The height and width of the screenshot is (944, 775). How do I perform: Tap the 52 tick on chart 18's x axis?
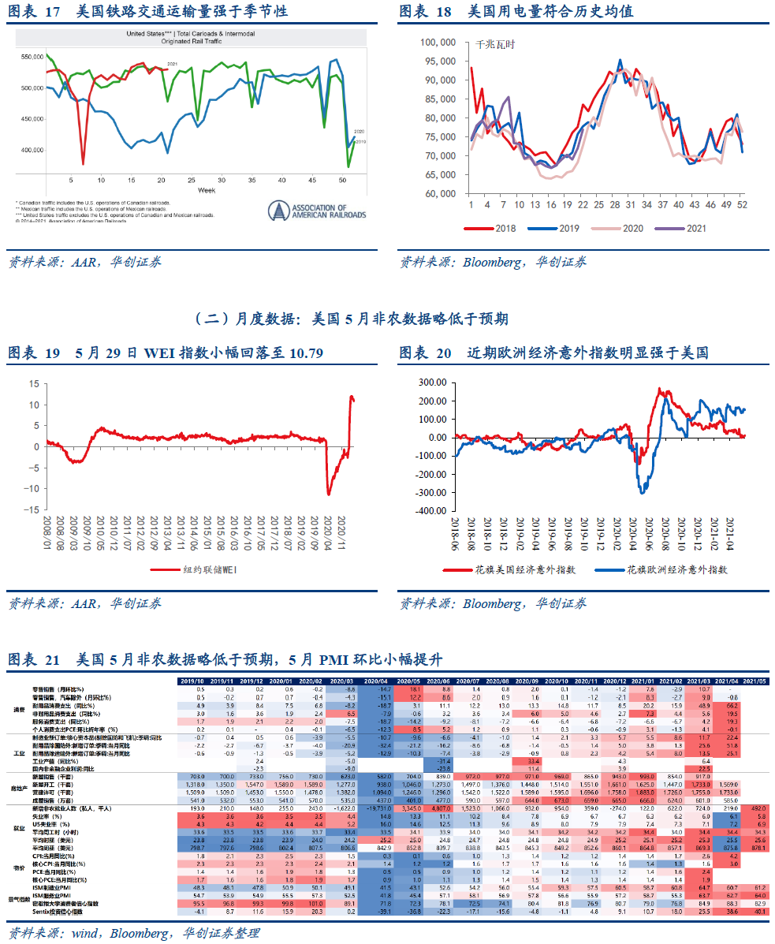(x=742, y=205)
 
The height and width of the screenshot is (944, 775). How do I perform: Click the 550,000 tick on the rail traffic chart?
(x=33, y=58)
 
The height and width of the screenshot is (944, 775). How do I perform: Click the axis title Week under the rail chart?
(x=207, y=192)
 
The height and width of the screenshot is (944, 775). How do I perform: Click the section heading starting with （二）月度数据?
(x=351, y=318)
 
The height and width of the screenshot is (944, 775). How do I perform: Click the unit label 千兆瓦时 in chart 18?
(x=495, y=44)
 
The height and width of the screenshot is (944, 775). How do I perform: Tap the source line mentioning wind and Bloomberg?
(x=133, y=934)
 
